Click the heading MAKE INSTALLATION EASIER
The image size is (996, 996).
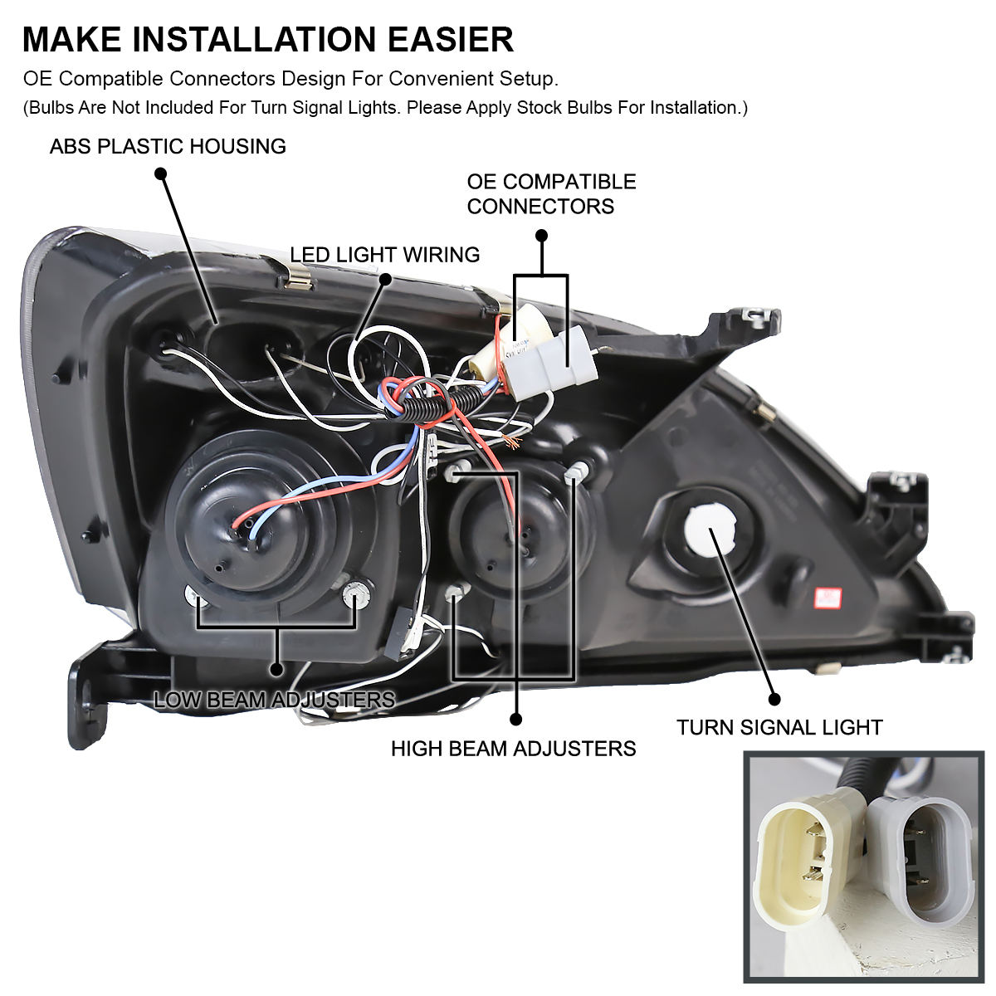coord(267,39)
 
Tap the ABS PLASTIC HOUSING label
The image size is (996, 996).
coord(168,147)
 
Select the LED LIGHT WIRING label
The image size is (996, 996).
coord(384,255)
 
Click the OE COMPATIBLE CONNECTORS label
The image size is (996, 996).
coord(551,193)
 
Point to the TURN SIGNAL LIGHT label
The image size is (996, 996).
coord(779,728)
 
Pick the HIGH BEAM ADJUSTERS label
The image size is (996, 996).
coord(513,749)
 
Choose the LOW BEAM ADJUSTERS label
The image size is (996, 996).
coord(274,700)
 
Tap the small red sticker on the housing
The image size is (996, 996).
coord(828,598)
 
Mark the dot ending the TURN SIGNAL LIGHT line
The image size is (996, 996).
coord(774,699)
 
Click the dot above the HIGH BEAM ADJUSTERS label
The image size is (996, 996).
coord(515,719)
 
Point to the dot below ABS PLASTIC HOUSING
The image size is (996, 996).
coord(161,173)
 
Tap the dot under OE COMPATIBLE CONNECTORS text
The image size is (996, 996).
coord(542,236)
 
